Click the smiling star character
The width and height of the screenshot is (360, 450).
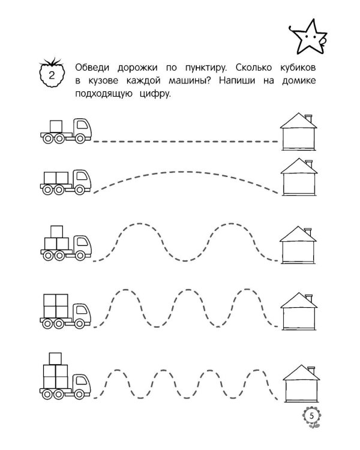point(308,37)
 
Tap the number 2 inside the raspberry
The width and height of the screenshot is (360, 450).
point(52,76)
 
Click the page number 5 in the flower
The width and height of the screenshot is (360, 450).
point(312,416)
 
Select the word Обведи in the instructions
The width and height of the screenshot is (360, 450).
point(92,68)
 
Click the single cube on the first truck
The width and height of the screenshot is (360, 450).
point(56,126)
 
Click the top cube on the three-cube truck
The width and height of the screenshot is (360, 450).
point(56,232)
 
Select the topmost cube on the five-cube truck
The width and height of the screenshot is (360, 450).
point(55,359)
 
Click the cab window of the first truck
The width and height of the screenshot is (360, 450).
point(82,125)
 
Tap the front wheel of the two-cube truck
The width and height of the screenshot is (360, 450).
point(80,190)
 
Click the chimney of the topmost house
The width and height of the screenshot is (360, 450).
point(308,118)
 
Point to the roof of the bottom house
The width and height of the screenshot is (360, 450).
point(301,373)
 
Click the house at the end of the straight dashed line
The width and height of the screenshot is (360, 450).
point(299,132)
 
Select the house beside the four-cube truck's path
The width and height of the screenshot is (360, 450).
point(299,311)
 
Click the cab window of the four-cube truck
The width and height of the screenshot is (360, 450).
point(82,310)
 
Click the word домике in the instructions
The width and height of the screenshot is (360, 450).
point(299,80)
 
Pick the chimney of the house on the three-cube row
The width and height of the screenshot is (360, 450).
point(308,232)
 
